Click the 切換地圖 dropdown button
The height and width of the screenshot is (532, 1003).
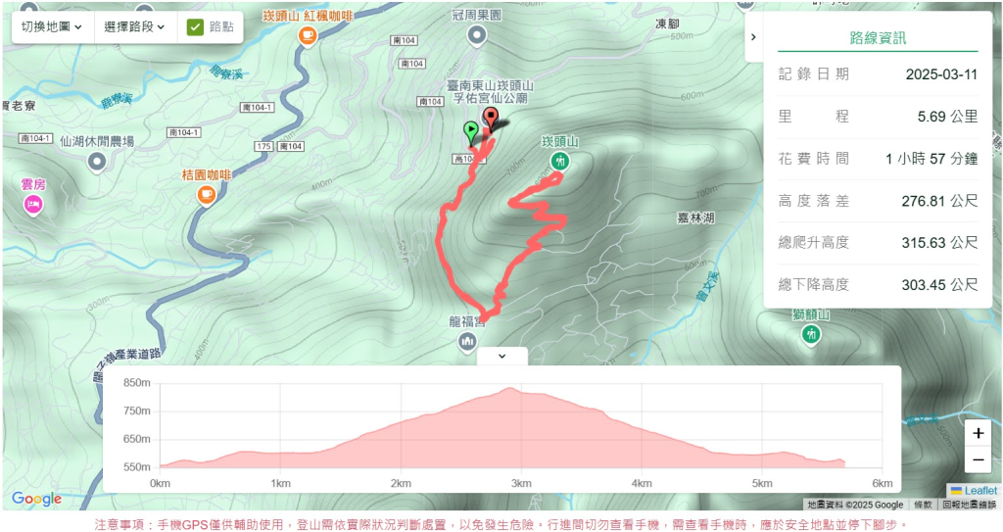52,26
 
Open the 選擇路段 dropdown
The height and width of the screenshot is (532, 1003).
134,26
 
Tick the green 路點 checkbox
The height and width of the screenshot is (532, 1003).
195,27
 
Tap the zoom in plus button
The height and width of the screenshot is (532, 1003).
978,433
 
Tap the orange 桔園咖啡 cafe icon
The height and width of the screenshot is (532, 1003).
206,194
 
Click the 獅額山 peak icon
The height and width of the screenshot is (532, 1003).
811,334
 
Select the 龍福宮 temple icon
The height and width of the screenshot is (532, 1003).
467,340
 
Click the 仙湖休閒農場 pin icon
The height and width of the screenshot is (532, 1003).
96,163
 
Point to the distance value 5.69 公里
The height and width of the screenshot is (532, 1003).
947,117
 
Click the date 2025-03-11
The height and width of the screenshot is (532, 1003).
941,74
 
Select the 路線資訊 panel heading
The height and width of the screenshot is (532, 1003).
878,38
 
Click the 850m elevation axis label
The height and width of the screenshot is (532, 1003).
137,382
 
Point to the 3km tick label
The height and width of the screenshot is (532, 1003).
521,484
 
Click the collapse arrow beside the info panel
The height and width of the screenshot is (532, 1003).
752,36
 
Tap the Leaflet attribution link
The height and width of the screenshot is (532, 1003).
979,490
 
